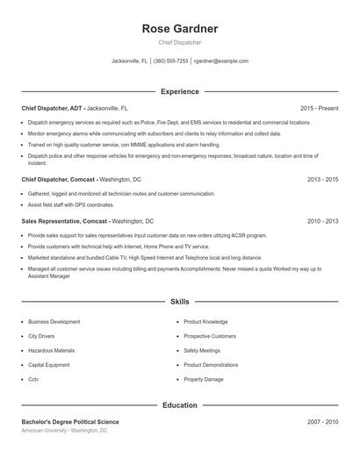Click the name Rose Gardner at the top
180,29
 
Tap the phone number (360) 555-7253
170,61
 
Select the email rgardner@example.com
221,61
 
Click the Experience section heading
180,91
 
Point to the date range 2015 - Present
319,108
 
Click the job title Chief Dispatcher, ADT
52,108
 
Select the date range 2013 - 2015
323,179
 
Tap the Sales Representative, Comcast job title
65,222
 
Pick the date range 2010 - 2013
323,222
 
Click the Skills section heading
180,302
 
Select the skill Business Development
54,322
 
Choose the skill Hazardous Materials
51,350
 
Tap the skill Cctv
33,379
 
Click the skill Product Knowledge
205,322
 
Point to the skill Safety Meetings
203,350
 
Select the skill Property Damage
204,379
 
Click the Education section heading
180,405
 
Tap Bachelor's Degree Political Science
70,422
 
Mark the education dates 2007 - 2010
323,422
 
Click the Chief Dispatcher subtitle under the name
180,42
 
